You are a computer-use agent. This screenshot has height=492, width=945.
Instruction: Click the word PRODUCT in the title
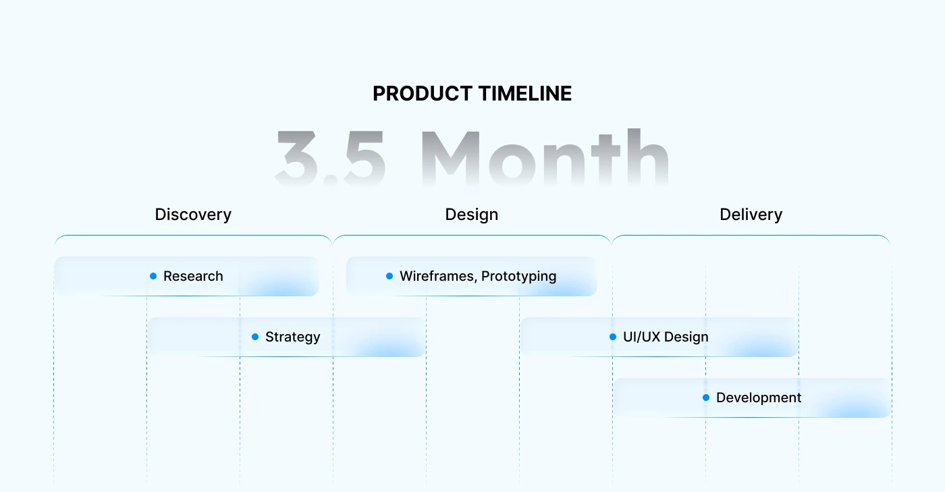(423, 94)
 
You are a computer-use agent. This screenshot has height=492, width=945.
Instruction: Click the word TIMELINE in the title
(525, 94)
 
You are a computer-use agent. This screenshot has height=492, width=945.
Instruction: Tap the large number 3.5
(330, 158)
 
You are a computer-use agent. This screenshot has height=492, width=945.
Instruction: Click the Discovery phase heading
(193, 215)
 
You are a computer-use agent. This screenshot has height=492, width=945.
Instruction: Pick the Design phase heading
(472, 215)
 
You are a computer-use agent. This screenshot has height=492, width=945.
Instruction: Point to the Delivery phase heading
(751, 215)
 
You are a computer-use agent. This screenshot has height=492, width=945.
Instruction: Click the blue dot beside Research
(153, 276)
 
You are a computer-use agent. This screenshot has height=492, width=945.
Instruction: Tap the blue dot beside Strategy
(255, 337)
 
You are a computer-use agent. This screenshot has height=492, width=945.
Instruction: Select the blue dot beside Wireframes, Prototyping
(389, 276)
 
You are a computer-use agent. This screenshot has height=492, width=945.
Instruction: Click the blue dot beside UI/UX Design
(613, 337)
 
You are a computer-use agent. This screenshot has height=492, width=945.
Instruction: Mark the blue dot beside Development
(706, 398)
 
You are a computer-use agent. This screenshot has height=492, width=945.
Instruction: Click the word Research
(193, 277)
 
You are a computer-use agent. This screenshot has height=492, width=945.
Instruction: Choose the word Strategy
(293, 337)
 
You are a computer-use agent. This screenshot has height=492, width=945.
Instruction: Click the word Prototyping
(519, 277)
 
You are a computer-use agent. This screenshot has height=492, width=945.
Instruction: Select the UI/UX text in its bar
(642, 337)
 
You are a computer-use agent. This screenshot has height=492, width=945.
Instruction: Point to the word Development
(759, 398)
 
